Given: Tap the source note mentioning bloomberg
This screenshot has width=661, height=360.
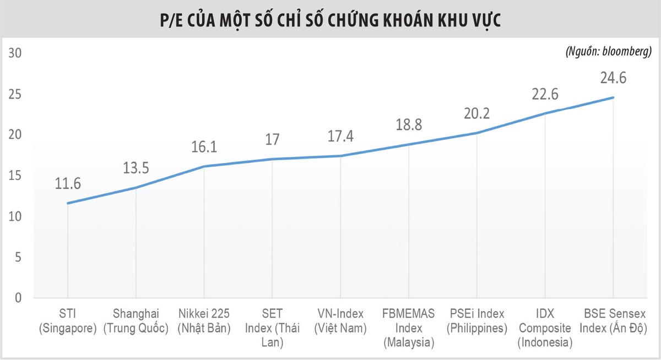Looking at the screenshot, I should [x=609, y=52].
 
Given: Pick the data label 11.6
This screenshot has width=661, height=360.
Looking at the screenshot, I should [x=67, y=184].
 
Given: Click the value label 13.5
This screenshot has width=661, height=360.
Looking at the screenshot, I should [x=136, y=167].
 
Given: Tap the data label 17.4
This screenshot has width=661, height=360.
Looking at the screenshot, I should [x=340, y=136].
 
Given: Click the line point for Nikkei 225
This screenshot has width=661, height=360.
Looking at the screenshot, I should [x=204, y=166].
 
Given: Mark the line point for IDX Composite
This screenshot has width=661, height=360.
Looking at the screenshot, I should [x=545, y=113].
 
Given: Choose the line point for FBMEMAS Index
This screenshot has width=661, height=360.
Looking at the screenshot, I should [x=409, y=144].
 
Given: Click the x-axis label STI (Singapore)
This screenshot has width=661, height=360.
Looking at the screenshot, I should [x=67, y=321].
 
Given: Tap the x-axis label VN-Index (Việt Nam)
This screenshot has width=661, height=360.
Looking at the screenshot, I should [x=340, y=321].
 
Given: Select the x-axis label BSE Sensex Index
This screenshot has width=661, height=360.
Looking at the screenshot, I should [x=613, y=321].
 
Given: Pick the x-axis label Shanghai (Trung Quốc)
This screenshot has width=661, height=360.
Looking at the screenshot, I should [x=136, y=321].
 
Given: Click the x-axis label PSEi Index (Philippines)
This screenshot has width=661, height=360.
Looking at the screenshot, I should [x=477, y=321].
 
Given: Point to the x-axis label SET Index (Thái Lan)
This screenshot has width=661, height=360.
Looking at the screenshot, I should [x=272, y=328].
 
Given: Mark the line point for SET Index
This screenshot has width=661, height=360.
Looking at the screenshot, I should [x=272, y=159].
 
